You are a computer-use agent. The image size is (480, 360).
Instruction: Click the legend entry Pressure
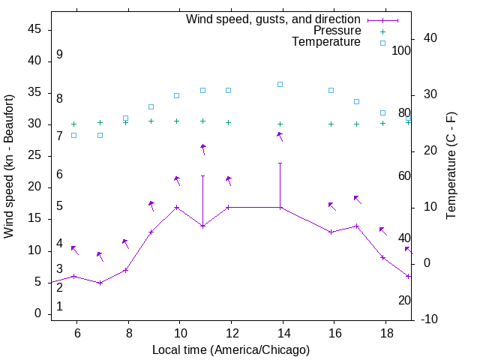point(337,31)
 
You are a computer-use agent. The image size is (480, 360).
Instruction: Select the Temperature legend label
point(326,42)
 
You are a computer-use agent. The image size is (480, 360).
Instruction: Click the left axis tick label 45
point(34,29)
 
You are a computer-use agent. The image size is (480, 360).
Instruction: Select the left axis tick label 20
point(34,187)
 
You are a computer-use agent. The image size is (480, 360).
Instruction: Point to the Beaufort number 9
point(59,55)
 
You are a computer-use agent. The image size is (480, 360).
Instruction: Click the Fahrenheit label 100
point(402,51)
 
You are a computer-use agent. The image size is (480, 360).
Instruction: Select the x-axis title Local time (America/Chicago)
point(231,349)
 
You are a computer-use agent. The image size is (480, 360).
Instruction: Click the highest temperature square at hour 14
point(280,84)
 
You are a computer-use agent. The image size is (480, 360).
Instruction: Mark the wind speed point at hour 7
point(100,283)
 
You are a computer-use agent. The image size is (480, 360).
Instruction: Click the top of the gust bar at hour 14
point(280,163)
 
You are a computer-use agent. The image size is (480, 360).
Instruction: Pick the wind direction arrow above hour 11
point(203,149)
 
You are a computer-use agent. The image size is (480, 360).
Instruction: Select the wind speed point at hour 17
point(357,226)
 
